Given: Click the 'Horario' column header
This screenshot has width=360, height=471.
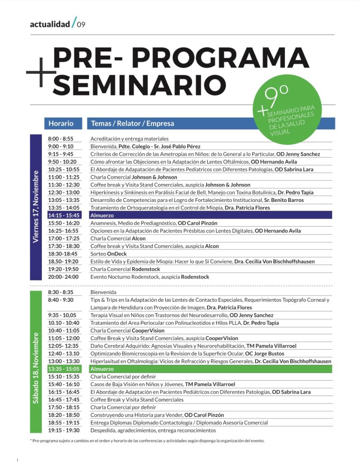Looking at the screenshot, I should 61,123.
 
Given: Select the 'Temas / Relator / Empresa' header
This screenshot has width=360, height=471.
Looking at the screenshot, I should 133,123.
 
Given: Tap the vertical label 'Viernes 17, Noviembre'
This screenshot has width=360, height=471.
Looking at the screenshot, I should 36,207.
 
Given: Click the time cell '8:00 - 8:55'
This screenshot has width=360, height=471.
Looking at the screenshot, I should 60,138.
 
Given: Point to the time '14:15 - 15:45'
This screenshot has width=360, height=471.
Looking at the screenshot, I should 63,215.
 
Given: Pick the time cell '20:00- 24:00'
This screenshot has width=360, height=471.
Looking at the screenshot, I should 63,277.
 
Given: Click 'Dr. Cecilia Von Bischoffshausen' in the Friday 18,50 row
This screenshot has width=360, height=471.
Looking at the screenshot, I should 274,261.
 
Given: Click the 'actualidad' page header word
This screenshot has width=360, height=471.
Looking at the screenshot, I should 50,24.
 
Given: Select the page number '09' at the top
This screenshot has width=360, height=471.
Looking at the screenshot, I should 81,24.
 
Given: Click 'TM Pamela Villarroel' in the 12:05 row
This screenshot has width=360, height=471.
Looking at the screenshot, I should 271,346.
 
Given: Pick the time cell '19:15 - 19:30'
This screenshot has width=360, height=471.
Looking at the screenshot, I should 64,431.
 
